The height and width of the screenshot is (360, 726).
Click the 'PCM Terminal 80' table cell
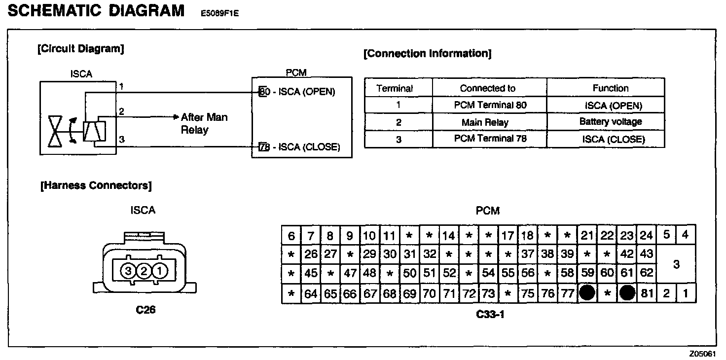click(490, 105)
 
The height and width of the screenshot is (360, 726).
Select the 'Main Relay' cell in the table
click(485, 122)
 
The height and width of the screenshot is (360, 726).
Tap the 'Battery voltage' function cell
click(610, 121)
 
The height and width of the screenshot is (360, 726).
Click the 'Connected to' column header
click(487, 88)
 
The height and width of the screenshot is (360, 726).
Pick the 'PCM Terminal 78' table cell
click(490, 139)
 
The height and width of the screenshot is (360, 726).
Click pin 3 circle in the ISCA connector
click(128, 270)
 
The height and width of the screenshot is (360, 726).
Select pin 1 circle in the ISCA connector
click(160, 270)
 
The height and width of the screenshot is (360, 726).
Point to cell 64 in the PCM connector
click(311, 294)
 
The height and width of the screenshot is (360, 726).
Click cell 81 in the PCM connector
click(647, 294)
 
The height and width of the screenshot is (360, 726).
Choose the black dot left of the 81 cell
click(627, 293)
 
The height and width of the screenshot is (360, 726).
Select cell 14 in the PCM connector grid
click(448, 236)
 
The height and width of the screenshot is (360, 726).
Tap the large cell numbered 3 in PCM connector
click(676, 264)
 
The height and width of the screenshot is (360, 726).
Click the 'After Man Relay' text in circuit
click(204, 123)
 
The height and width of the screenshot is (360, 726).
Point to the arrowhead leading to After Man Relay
click(176, 117)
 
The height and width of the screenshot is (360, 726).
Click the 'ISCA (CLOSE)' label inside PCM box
click(309, 147)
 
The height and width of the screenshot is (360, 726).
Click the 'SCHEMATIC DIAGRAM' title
click(96, 11)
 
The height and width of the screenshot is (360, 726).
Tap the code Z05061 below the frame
click(702, 354)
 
